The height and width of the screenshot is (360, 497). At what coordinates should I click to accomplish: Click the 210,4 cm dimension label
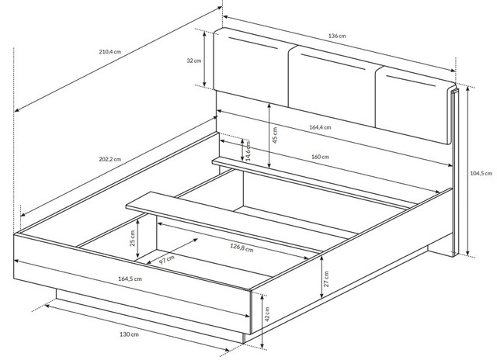click(x=109, y=52)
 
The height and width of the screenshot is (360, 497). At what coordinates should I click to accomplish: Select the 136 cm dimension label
click(x=337, y=36)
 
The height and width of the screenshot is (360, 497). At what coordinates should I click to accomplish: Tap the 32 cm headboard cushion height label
click(x=193, y=61)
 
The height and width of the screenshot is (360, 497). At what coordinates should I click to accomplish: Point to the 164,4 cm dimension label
click(x=320, y=127)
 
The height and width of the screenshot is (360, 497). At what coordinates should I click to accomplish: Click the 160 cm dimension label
click(x=320, y=157)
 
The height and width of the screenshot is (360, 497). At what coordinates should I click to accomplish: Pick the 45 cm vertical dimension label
click(x=275, y=135)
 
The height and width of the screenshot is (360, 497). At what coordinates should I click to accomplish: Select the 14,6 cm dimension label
click(x=248, y=151)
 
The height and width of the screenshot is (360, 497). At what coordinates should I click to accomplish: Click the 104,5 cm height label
click(x=481, y=173)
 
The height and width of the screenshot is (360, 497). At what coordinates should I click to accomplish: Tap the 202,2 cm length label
click(x=109, y=159)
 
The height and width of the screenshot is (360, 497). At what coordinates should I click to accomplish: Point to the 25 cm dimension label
click(x=132, y=238)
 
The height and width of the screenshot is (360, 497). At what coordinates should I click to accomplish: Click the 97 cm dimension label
click(x=166, y=260)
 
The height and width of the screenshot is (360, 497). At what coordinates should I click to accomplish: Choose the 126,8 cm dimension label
click(x=242, y=247)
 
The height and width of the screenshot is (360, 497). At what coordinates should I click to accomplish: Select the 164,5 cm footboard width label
click(x=130, y=279)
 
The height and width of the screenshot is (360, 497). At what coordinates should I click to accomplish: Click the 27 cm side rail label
click(x=326, y=279)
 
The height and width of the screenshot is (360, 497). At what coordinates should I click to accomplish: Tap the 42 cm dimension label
click(x=266, y=313)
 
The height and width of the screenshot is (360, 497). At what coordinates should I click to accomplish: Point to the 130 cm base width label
click(x=129, y=334)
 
